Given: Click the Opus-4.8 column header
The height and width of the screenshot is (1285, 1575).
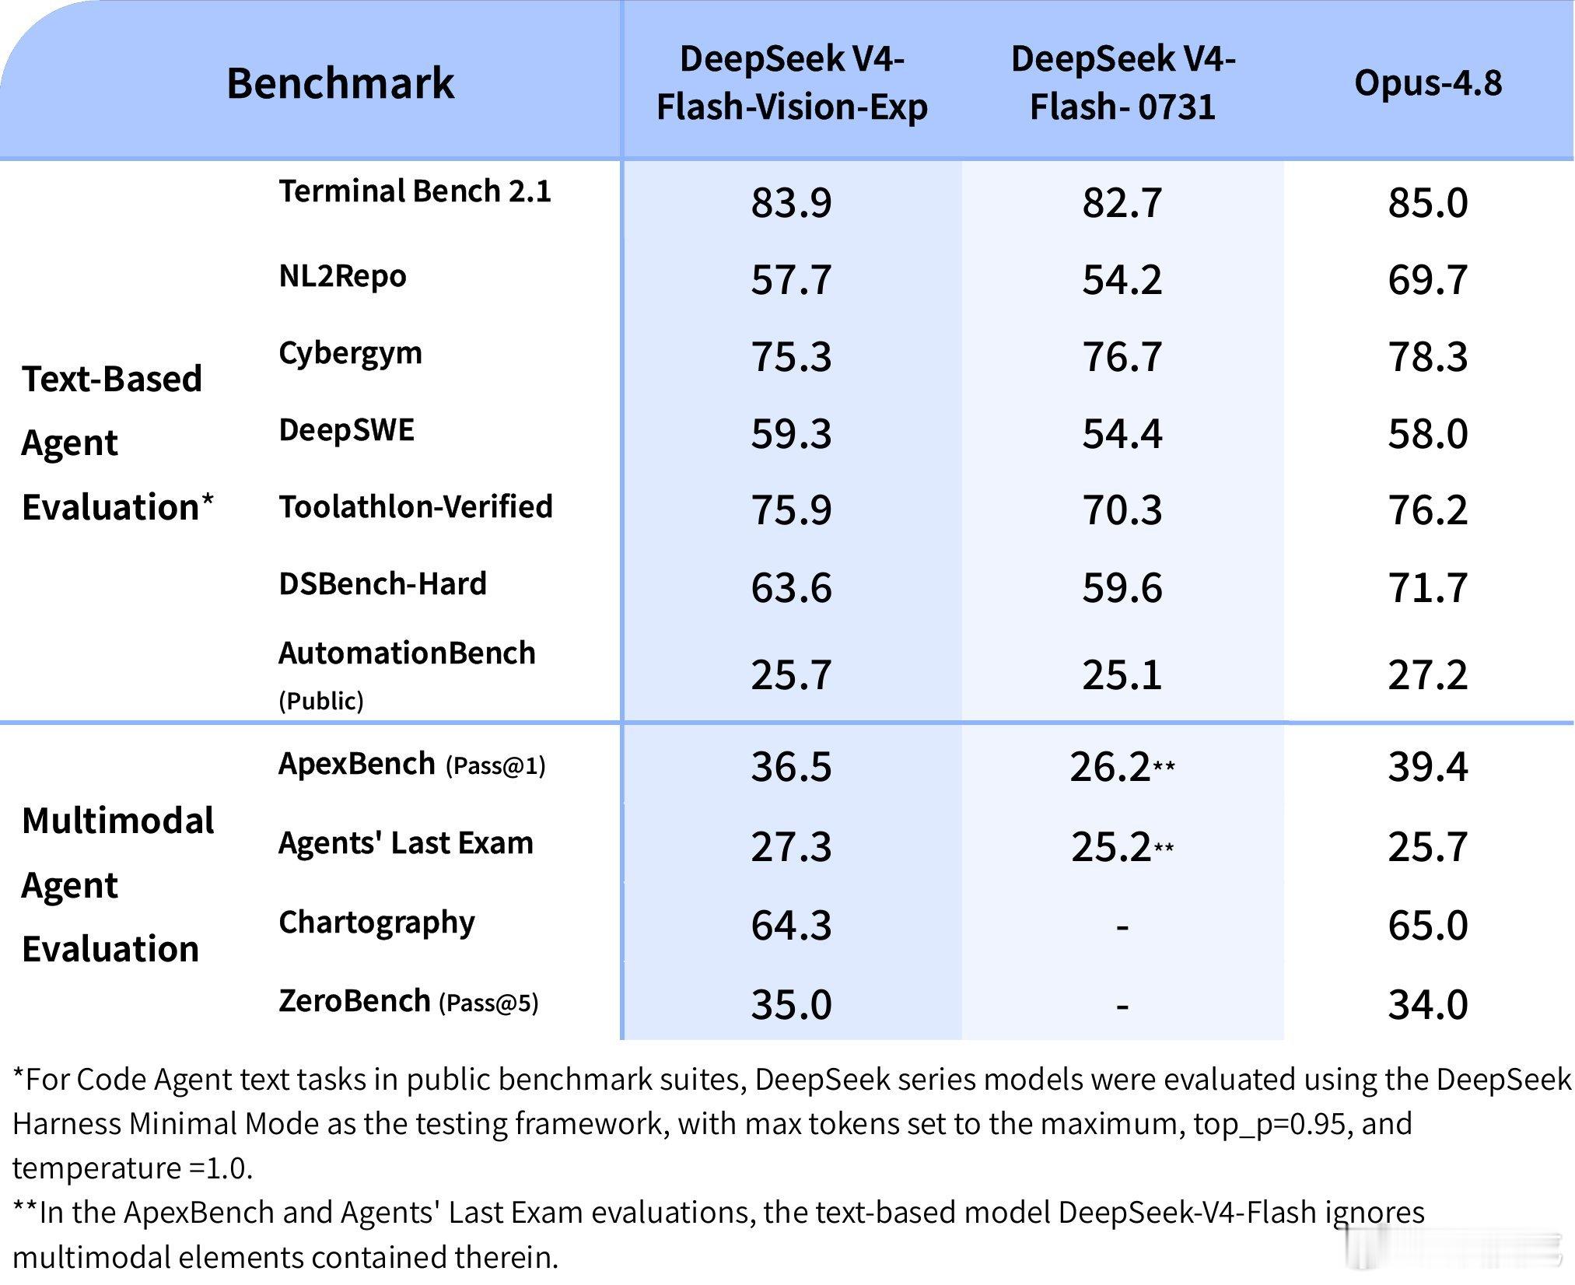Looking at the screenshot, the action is click(x=1428, y=82).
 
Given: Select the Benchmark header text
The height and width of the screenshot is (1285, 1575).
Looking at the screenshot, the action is click(x=340, y=82).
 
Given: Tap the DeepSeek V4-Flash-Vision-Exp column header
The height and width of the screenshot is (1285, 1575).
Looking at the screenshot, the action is click(x=792, y=82).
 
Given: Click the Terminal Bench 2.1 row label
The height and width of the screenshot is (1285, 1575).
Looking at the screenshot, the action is click(x=415, y=191).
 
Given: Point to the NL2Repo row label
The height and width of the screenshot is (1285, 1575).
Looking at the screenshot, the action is click(x=342, y=276).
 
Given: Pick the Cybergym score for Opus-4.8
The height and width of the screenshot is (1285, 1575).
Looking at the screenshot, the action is click(x=1428, y=356).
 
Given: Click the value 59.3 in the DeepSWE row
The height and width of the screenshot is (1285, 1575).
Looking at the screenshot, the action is click(x=791, y=433).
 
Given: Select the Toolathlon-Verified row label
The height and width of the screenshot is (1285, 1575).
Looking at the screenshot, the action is click(x=415, y=506).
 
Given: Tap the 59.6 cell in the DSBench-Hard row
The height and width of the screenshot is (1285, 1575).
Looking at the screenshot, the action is click(x=1122, y=587).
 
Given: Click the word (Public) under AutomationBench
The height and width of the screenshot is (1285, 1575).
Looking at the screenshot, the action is click(x=321, y=701).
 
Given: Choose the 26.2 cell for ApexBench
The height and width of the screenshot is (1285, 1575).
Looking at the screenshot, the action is click(x=1110, y=767).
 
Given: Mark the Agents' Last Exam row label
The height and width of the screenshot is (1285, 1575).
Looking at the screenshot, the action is click(x=406, y=843).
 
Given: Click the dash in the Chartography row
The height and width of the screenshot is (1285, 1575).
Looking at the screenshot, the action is click(x=1122, y=926).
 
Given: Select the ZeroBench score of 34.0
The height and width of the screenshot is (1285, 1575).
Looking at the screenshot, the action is click(x=1428, y=1004).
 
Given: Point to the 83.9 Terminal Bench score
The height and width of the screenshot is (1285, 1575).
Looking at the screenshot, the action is click(x=791, y=202).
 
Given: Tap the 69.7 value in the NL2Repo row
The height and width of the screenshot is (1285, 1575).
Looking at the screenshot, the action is click(x=1428, y=279).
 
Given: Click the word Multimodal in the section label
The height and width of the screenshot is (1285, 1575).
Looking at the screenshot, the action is click(x=118, y=821).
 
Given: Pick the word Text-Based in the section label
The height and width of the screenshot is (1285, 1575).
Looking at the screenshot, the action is click(x=112, y=379).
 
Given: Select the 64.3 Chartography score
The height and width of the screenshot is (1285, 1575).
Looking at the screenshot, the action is click(x=791, y=926).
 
